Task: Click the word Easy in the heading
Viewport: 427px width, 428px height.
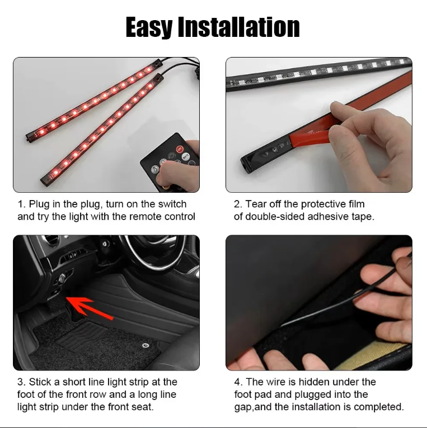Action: coord(149,27)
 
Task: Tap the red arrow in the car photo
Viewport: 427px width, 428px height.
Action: coord(90,308)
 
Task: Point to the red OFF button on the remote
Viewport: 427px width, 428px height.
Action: coord(180,149)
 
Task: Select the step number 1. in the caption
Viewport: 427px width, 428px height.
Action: coord(22,204)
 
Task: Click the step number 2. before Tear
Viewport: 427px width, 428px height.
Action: coord(238,204)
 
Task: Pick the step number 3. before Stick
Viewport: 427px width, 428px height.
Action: coord(22,382)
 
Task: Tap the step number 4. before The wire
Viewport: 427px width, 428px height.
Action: coord(238,382)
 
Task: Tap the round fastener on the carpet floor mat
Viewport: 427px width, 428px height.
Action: coord(146,345)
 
